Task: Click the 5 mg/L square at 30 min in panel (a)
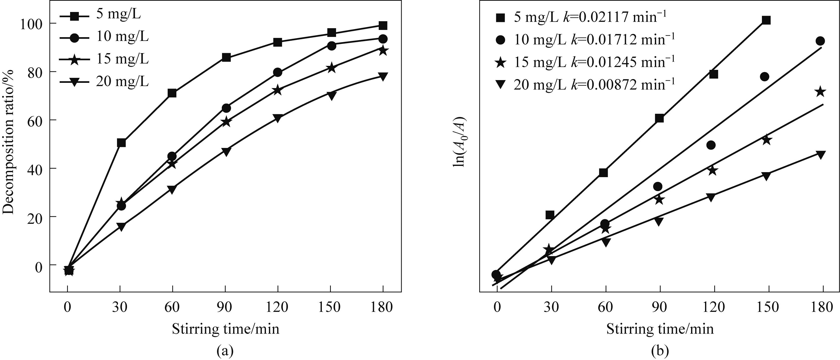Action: click(x=121, y=143)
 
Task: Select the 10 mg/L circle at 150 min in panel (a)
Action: click(x=331, y=46)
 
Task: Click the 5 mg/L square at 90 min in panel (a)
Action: click(x=226, y=57)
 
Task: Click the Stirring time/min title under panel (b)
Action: click(x=660, y=329)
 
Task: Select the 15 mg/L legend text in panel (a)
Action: click(x=122, y=59)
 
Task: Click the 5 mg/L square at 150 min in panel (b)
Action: click(x=766, y=20)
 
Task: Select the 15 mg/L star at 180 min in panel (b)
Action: click(x=821, y=92)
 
